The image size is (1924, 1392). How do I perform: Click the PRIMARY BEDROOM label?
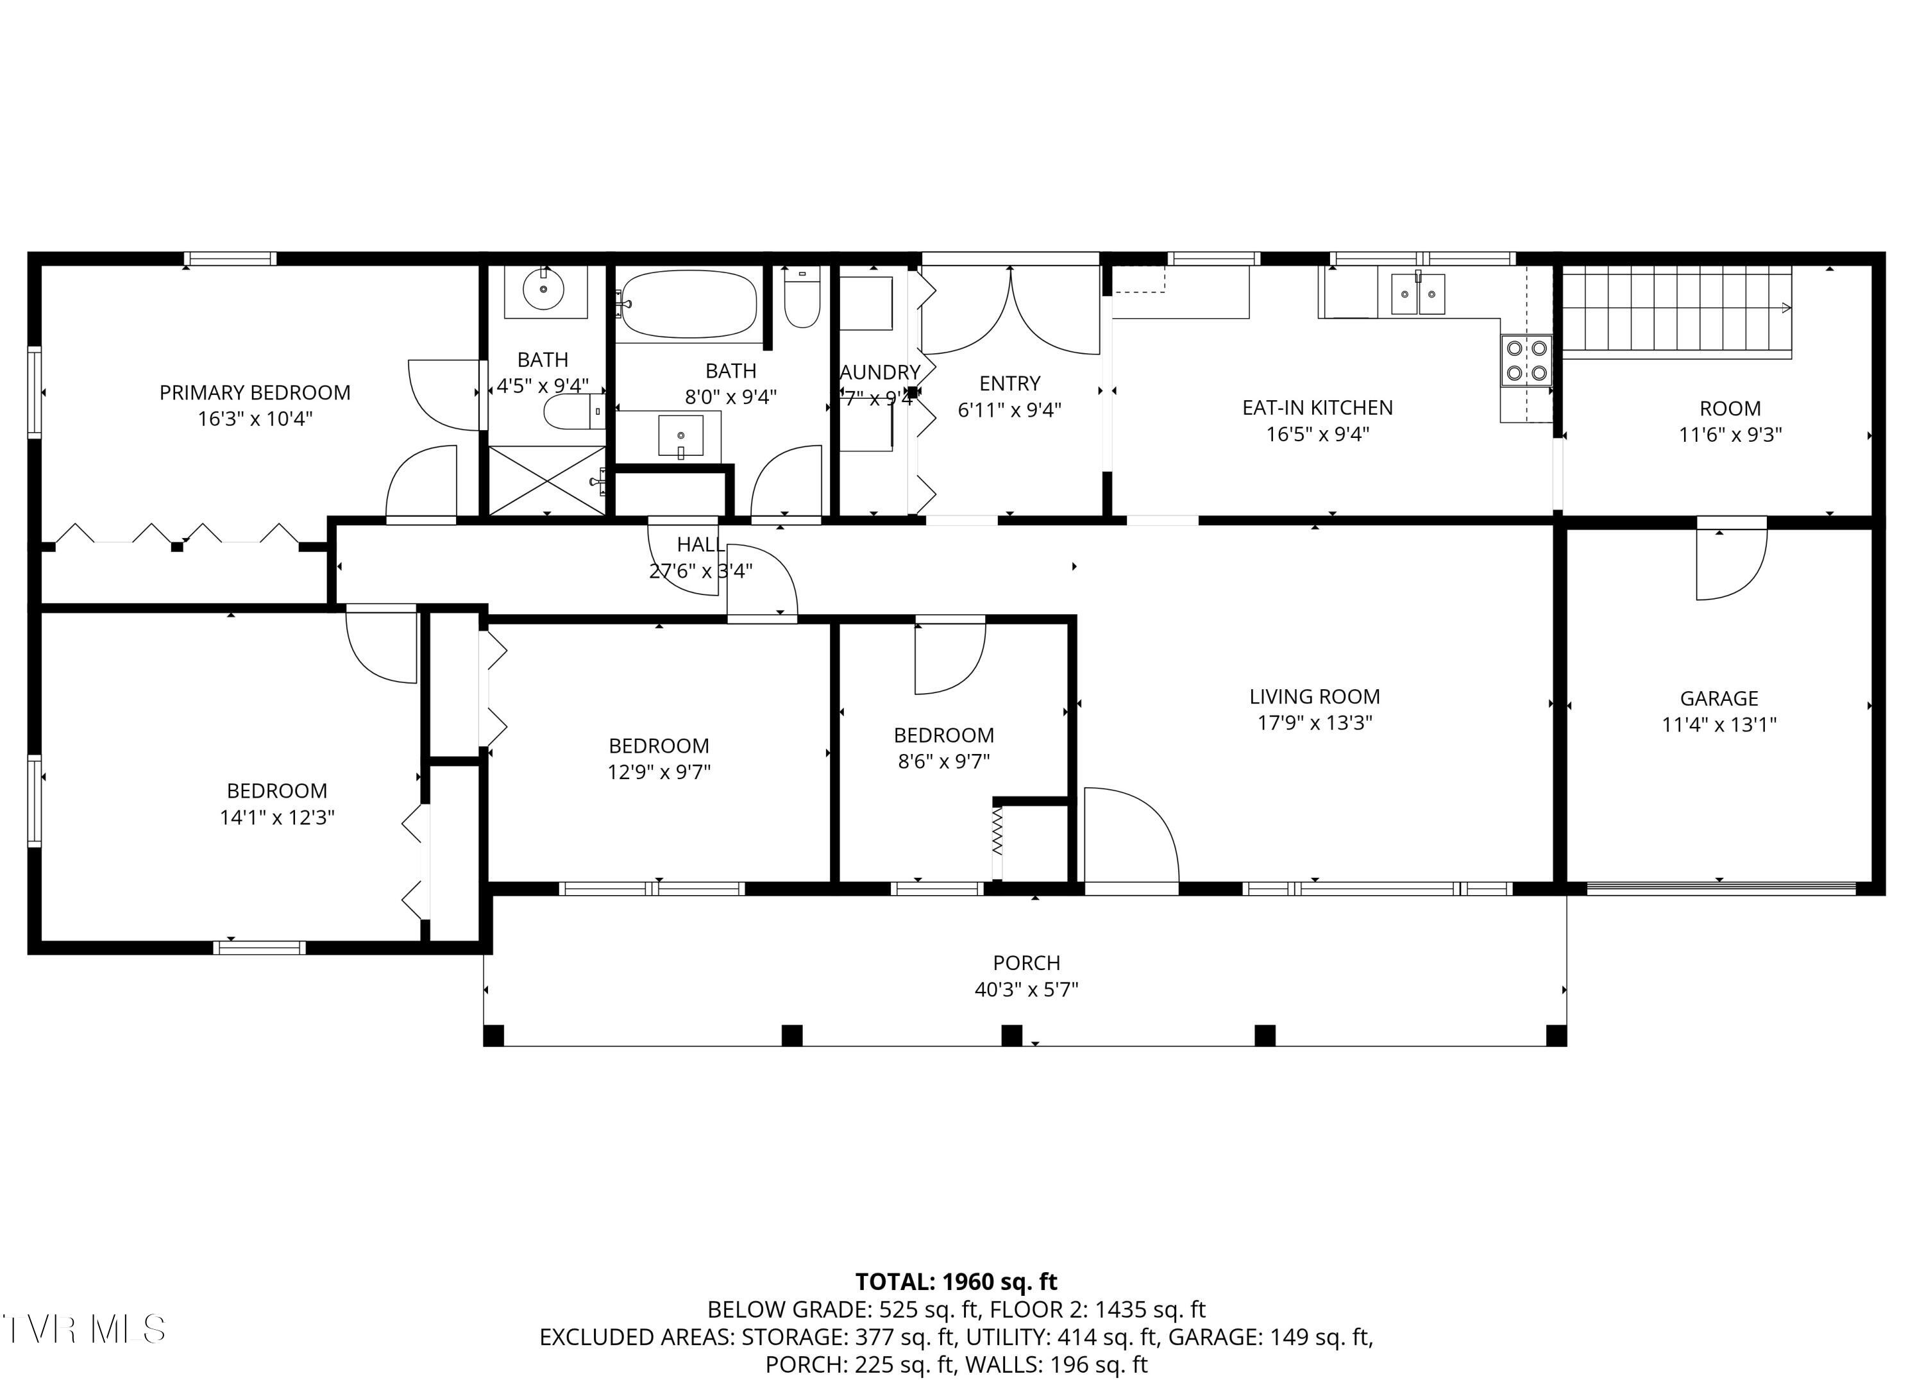tap(255, 393)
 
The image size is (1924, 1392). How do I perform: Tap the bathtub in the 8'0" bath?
tap(689, 304)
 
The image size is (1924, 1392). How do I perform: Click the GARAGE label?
tap(1719, 698)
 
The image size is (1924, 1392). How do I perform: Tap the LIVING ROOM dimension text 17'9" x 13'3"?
tap(1314, 723)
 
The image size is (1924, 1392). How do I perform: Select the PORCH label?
tap(1027, 963)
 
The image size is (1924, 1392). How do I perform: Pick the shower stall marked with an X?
tap(547, 480)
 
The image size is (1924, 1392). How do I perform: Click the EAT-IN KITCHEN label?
tap(1317, 407)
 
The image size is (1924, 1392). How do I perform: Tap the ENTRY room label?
tap(1009, 383)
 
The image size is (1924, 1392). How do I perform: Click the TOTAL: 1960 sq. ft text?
tap(956, 1282)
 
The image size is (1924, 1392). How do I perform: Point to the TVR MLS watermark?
tap(83, 1329)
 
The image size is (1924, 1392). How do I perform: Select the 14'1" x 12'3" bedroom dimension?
tap(278, 817)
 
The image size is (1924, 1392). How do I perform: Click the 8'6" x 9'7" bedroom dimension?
tap(944, 761)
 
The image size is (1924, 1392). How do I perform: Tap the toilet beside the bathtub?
tap(802, 298)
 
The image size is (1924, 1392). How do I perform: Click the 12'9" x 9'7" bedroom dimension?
tap(659, 772)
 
